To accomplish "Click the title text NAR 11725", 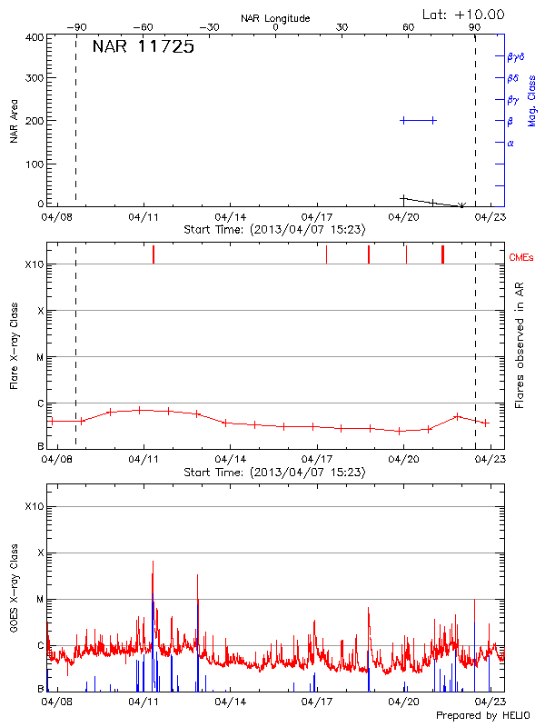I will click(x=144, y=48).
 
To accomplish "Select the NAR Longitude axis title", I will click(x=275, y=18).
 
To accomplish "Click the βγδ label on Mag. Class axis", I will click(x=515, y=56).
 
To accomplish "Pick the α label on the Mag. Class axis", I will click(x=510, y=143).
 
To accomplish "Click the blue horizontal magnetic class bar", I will click(x=418, y=120).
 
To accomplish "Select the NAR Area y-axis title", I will click(x=15, y=122).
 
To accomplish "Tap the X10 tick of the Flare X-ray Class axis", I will click(x=35, y=264).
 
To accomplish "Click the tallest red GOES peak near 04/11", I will click(x=153, y=562).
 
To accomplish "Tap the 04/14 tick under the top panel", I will click(x=231, y=218).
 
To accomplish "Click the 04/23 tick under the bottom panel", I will click(x=491, y=702).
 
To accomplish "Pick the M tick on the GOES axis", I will click(x=39, y=599).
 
